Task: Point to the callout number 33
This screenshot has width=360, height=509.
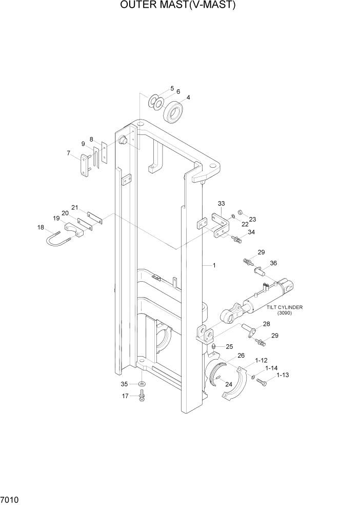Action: click(172, 88)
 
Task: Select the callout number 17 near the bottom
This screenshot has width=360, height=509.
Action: click(125, 396)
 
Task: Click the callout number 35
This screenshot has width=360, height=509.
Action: click(124, 383)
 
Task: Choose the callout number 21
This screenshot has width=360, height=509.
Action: click(75, 208)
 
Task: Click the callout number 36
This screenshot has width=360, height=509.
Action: click(273, 263)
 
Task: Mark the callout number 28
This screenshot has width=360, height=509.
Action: click(267, 324)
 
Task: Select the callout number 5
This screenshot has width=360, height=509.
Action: click(172, 88)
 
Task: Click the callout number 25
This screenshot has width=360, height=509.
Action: click(229, 347)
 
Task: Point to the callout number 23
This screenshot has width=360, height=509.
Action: click(252, 219)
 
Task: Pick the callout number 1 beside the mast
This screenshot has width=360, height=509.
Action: click(214, 265)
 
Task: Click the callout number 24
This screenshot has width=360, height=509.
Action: click(228, 384)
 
